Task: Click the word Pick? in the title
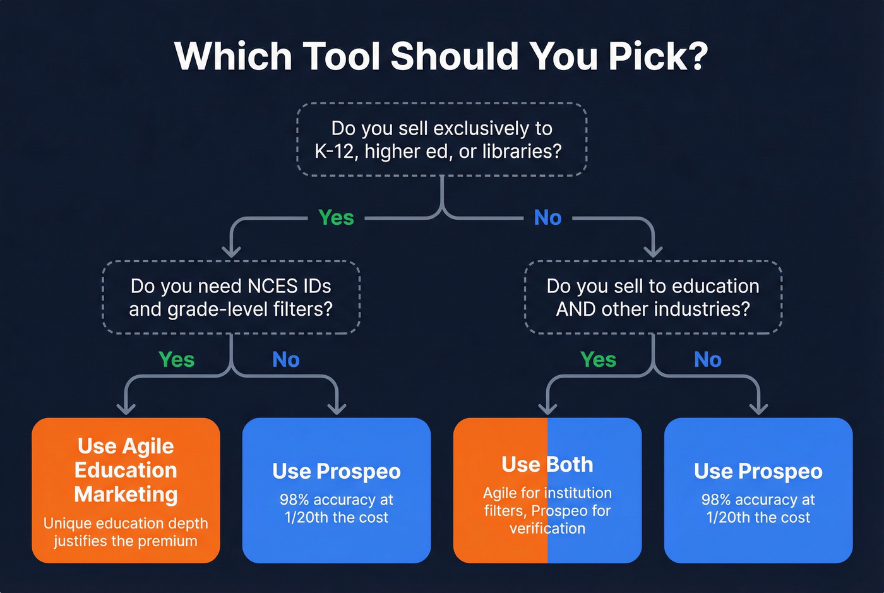tap(658, 57)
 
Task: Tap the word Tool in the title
tap(341, 57)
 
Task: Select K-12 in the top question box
tap(334, 152)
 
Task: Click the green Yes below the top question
tap(336, 218)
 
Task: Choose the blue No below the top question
tap(547, 218)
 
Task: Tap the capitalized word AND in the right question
tap(575, 309)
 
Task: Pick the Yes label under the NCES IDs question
tap(176, 359)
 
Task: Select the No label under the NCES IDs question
tap(285, 359)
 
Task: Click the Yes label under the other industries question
tap(598, 359)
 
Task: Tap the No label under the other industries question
tap(707, 359)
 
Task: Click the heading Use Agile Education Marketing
tap(126, 470)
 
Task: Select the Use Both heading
tap(547, 465)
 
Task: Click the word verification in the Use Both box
tap(547, 529)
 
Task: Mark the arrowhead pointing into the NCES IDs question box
tap(232, 251)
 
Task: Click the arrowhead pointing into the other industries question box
tap(653, 251)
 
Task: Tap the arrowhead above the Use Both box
tap(547, 409)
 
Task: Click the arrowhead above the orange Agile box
tap(126, 409)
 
